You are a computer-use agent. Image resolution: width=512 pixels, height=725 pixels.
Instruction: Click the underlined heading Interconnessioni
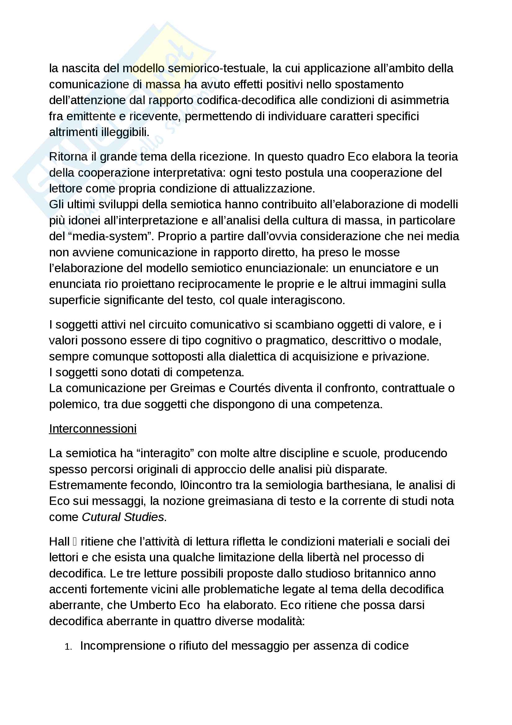click(93, 429)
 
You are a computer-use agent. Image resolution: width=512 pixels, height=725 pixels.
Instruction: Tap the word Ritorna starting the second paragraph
click(68, 157)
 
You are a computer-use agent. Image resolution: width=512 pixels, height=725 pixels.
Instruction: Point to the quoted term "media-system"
click(110, 236)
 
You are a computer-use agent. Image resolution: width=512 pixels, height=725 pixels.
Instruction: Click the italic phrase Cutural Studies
click(123, 517)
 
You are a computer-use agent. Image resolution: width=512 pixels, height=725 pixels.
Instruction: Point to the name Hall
click(59, 542)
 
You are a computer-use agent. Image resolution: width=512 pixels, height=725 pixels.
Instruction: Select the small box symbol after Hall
click(75, 542)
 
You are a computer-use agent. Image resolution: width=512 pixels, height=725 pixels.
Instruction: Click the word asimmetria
click(420, 100)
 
